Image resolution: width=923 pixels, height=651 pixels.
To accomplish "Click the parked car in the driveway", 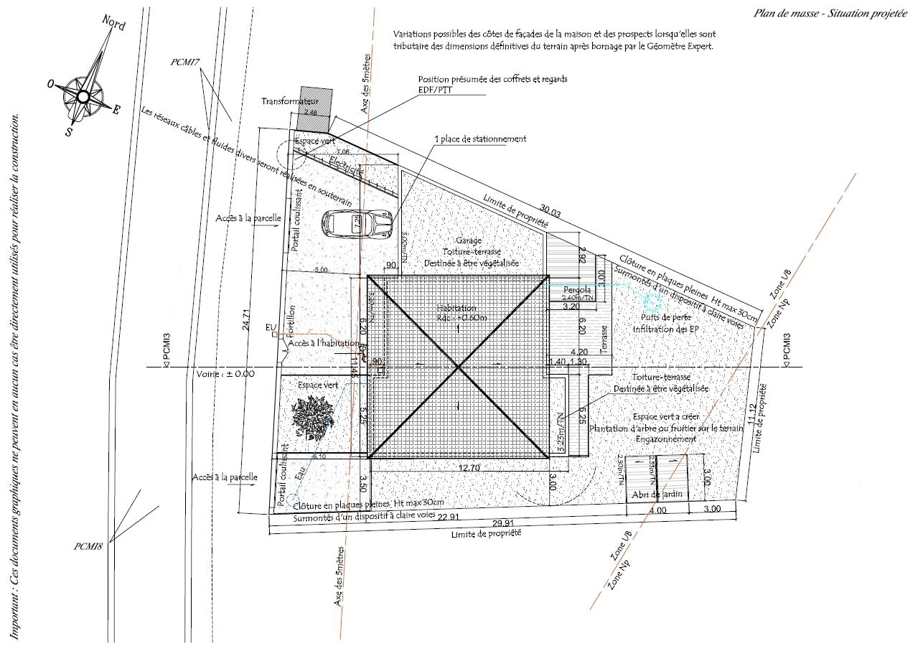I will [357, 224].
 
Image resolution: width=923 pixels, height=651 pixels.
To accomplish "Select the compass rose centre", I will [83, 95].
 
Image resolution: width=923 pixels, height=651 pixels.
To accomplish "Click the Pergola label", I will [577, 289].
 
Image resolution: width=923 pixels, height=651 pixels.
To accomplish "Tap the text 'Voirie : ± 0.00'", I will [225, 373].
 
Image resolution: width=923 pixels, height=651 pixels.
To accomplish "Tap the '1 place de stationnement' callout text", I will [480, 139].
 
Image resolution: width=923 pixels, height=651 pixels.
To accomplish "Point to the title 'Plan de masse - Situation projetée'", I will [830, 14].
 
